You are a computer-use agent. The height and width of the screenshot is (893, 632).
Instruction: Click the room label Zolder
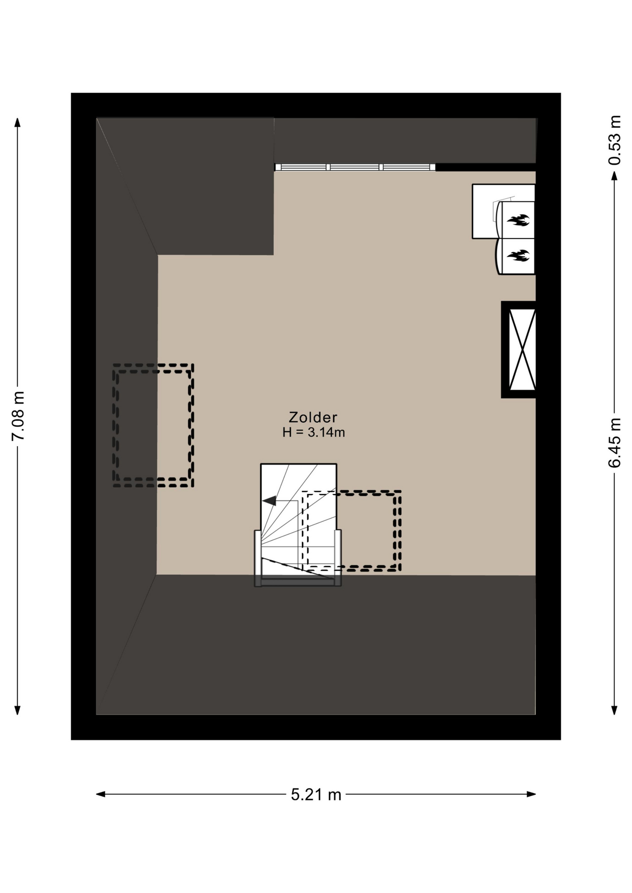[x=313, y=417]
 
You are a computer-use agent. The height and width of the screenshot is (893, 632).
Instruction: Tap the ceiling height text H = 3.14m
[x=313, y=433]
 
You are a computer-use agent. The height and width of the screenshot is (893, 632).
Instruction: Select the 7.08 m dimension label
[x=19, y=416]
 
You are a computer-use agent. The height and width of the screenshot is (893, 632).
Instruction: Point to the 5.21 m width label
[x=316, y=794]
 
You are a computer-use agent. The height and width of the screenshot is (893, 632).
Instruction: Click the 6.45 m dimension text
[x=614, y=442]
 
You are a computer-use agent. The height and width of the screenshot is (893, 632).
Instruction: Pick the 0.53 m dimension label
[x=614, y=140]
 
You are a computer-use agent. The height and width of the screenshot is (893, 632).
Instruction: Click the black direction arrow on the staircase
[x=269, y=501]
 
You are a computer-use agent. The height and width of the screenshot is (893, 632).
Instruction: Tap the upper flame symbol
[x=518, y=220]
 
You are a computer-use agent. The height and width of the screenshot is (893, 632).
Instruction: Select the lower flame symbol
[x=518, y=255]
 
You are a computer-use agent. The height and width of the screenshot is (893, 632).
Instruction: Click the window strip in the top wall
[x=355, y=167]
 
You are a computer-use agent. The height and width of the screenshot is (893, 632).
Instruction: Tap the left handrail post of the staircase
[x=257, y=558]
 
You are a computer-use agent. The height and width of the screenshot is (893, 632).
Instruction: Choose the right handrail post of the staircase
[x=338, y=558]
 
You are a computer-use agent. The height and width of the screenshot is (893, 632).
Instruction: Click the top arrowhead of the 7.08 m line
[x=18, y=121]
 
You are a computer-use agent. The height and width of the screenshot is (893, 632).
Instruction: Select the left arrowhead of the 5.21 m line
[x=100, y=794]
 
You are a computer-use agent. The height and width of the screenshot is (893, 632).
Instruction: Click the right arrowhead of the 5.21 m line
[x=532, y=794]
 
